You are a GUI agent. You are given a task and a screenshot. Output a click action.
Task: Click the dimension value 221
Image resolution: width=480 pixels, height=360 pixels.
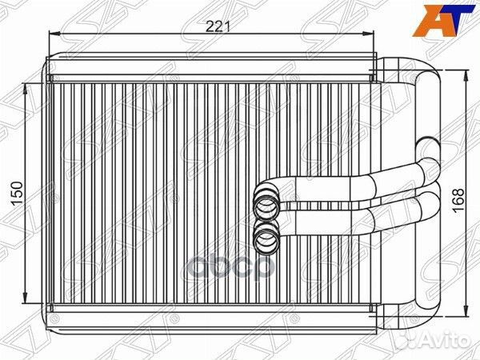coord(218,27)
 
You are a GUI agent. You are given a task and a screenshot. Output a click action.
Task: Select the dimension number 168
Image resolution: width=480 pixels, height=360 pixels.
coord(458,201)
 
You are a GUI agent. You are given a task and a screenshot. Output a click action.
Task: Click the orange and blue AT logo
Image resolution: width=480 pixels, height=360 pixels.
coord(445,19)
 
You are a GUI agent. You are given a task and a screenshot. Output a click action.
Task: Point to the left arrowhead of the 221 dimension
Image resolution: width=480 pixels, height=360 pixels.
coord(55,34)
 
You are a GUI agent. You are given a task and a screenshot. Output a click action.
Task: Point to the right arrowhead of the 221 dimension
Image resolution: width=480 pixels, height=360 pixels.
coord(368,34)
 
